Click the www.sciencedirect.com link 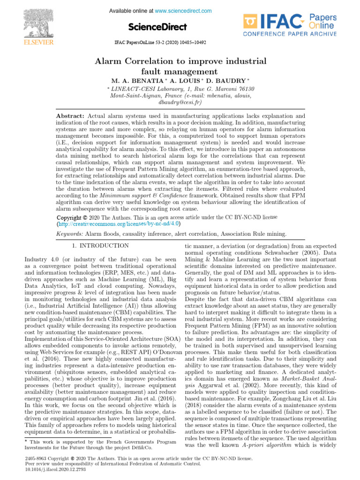click(183, 11)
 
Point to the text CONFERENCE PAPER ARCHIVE click(290, 34)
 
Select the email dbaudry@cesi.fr click(180, 102)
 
